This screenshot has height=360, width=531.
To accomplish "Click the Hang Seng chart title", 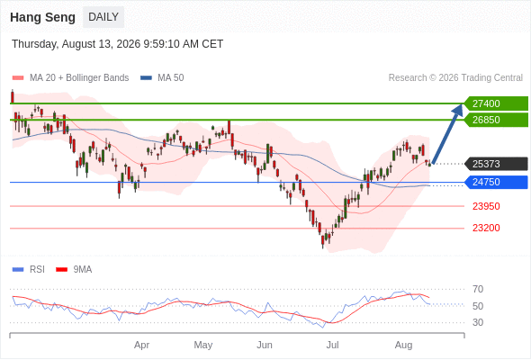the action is tap(42, 17).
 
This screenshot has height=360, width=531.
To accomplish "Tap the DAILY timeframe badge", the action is tap(103, 17).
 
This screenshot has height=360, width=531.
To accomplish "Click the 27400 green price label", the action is tap(496, 103).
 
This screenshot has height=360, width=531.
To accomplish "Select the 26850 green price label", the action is tap(496, 120).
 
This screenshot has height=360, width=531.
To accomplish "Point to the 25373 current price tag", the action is tap(496, 164).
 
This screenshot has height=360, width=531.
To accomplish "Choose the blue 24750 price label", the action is tap(496, 182).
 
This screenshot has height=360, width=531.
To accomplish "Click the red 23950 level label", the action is tap(486, 206).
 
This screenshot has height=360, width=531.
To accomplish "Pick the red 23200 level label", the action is tap(486, 228).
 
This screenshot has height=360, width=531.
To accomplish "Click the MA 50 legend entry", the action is tap(162, 78).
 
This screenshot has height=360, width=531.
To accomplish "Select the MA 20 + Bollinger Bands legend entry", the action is tap(70, 78).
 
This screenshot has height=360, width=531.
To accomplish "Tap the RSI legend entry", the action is tap(29, 270).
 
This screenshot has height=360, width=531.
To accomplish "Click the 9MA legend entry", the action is tap(74, 270).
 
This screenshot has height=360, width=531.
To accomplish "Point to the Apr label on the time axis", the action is tap(141, 345).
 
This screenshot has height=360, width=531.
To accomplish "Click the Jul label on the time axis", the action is tap(333, 345).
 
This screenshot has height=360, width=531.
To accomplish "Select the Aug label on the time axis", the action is tap(404, 345).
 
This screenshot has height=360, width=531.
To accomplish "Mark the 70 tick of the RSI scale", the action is tap(478, 289).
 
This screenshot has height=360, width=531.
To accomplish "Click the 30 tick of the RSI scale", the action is tap(478, 322).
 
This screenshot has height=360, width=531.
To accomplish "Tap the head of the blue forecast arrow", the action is tap(458, 109).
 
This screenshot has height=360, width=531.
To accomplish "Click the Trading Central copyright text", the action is tap(455, 78).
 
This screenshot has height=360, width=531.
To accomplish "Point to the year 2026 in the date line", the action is tap(129, 44).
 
